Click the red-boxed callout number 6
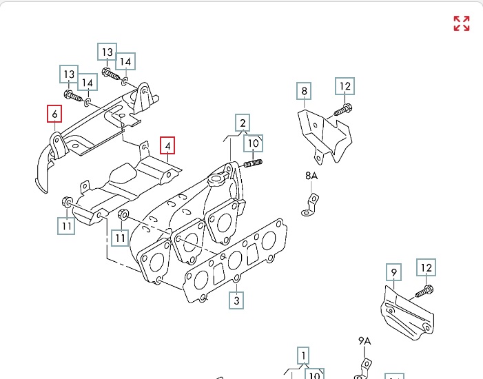pos(54,113)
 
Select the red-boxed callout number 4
pos(167,146)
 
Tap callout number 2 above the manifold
pos(242,123)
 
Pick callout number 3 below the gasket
pos(236,300)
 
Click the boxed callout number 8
pos(305,91)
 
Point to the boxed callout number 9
pos(393,274)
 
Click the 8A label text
pos(311,176)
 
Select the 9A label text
pos(364,340)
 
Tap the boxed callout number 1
pos(302,356)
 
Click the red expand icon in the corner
pos(461,23)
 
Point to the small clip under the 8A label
pos(311,205)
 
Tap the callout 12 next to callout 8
pos(345,87)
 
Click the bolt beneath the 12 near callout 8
pos(343,109)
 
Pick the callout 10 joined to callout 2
pos(254,143)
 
